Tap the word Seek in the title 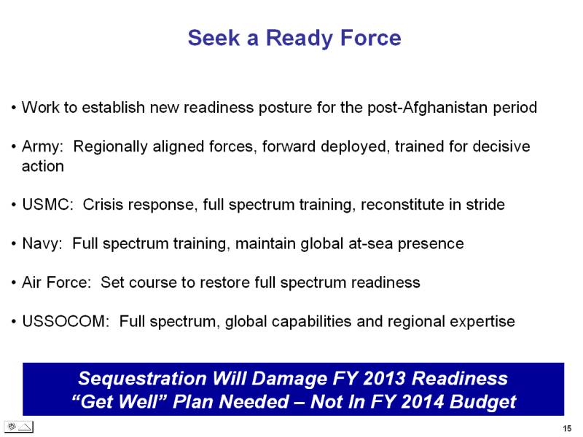[214, 38]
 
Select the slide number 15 [567, 428]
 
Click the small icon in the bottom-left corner [19, 427]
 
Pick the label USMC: [47, 205]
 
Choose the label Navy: [42, 244]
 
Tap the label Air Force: [57, 283]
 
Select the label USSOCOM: [66, 321]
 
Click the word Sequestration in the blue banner [142, 379]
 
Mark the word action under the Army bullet [43, 167]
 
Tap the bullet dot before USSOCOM [14, 321]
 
